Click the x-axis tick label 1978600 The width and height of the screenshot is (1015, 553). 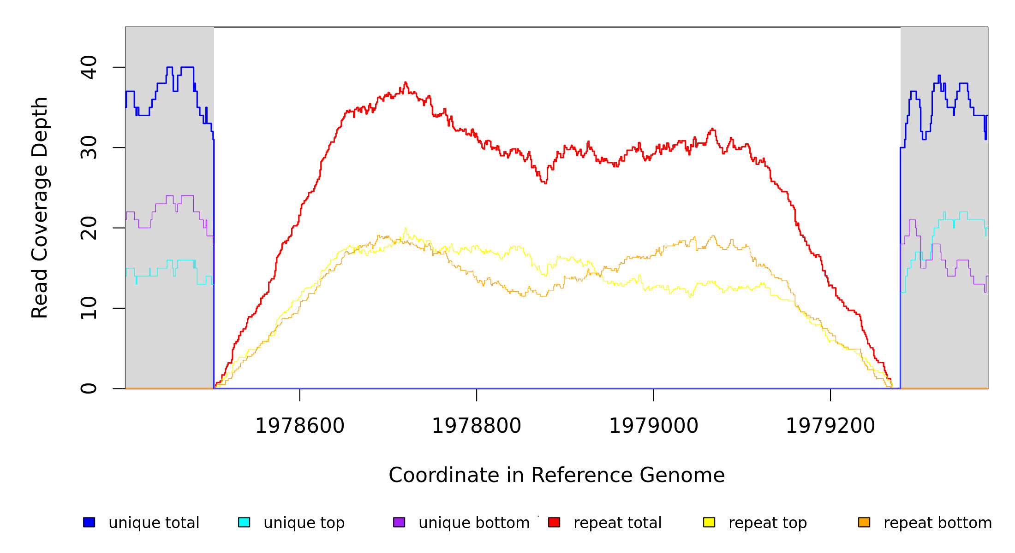pos(300,426)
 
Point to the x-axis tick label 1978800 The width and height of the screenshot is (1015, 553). pos(477,426)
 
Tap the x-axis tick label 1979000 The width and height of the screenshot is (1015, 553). pos(654,426)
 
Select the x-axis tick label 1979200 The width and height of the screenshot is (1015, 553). pos(830,426)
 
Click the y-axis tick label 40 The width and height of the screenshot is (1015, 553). pos(89,67)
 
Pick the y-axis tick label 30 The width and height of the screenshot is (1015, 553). pos(89,147)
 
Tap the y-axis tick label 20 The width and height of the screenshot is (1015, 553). pos(89,228)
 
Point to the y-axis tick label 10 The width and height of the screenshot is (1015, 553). pos(89,308)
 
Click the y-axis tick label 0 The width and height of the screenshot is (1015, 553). pos(89,388)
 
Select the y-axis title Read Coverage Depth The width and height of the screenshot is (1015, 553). pos(40,207)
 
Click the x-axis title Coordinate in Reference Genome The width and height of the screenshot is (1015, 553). pos(556,476)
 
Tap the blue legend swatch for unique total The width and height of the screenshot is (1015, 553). pos(89,522)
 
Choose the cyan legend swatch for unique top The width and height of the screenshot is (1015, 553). pos(244,522)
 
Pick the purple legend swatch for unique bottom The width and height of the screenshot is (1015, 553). pos(399,522)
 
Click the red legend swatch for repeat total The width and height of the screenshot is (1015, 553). pos(554,522)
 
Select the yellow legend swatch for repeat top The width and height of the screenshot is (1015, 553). pos(709,522)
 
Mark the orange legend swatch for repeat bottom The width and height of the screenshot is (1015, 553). pos(864,522)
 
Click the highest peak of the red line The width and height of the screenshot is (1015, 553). pos(406,82)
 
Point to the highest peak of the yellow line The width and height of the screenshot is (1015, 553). pos(406,228)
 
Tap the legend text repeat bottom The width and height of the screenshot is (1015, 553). pos(937,523)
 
